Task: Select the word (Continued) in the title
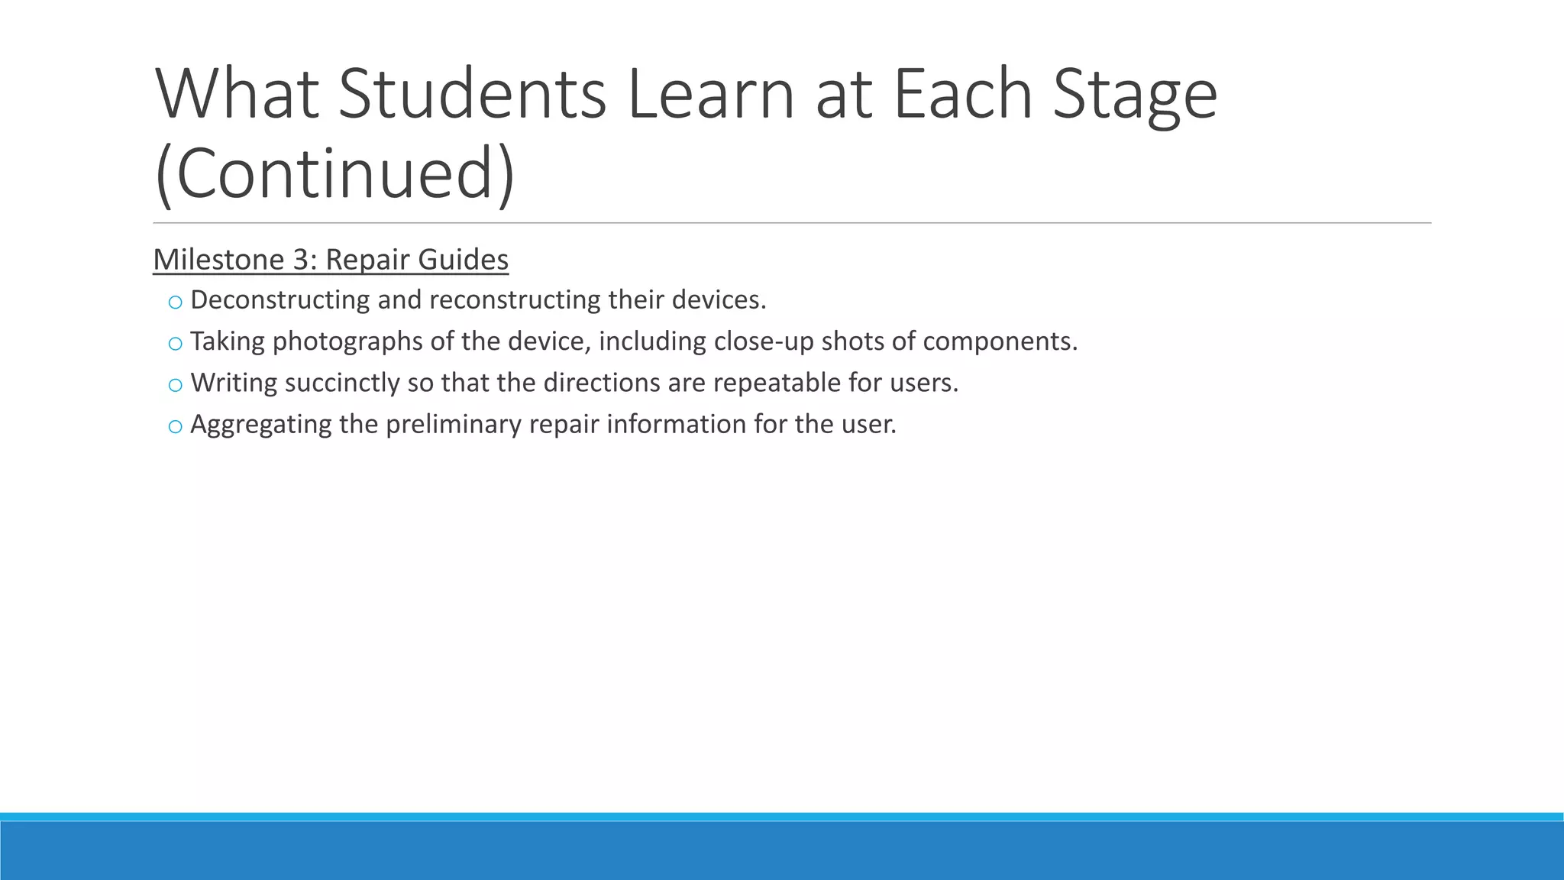point(334,173)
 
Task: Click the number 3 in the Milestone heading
point(301,260)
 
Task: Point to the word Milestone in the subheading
point(219,260)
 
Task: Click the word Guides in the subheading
point(463,260)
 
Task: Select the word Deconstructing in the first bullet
point(280,300)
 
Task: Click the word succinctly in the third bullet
point(342,383)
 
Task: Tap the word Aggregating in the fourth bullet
point(260,425)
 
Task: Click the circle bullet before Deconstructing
point(175,302)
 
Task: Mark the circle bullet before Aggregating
point(175,427)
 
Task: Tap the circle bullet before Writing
point(175,385)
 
